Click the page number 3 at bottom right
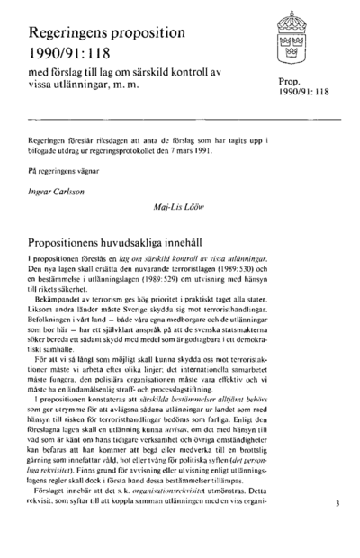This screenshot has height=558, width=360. [x=337, y=530]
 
